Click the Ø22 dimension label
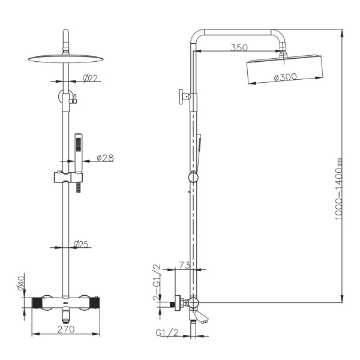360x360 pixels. click(x=90, y=79)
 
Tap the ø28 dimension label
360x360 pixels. click(x=105, y=158)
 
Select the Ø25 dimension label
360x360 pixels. click(x=81, y=244)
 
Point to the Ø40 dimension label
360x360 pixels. click(x=21, y=282)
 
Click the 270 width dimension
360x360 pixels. click(x=66, y=329)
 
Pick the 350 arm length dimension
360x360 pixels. click(x=239, y=48)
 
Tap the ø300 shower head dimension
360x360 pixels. click(x=286, y=77)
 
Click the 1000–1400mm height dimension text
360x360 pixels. click(x=338, y=189)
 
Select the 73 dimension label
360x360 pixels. click(x=184, y=265)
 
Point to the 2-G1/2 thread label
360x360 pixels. click(x=157, y=282)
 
